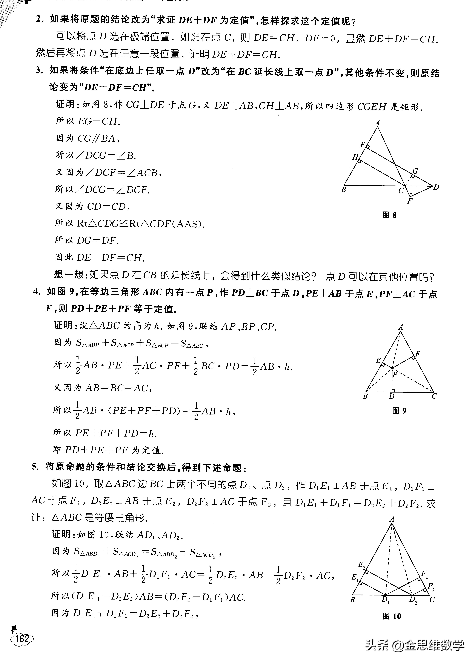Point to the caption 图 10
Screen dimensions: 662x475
point(391,616)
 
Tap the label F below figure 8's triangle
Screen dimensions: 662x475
point(410,201)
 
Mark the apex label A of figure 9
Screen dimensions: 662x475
point(401,327)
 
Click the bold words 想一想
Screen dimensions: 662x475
point(69,275)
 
